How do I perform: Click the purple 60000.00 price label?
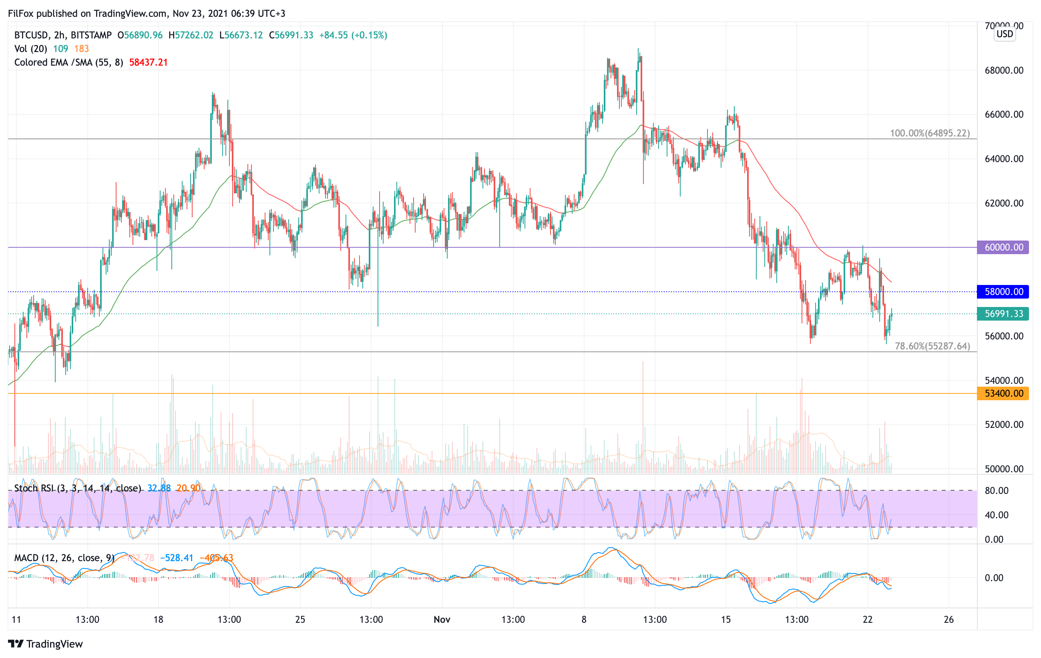tap(1003, 248)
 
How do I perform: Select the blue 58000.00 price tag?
tap(1003, 292)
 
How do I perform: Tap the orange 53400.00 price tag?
tap(1003, 393)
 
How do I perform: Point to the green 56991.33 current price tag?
tap(1003, 314)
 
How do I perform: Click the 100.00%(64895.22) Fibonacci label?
tap(929, 133)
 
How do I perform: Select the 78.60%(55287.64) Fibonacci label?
tap(932, 346)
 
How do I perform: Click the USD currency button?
tap(1005, 34)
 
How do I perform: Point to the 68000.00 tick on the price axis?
tap(1004, 70)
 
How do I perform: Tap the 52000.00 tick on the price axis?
tap(1004, 425)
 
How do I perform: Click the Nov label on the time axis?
tap(442, 620)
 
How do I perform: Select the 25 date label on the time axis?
tap(300, 620)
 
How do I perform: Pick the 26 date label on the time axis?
tap(949, 620)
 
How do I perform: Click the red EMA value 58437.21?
tap(148, 62)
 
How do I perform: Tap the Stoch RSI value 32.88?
tap(159, 488)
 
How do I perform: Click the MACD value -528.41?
tap(177, 558)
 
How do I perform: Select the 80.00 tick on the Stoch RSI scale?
tap(997, 490)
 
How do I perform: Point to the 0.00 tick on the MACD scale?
tap(994, 578)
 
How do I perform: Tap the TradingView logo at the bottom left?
tap(45, 644)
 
